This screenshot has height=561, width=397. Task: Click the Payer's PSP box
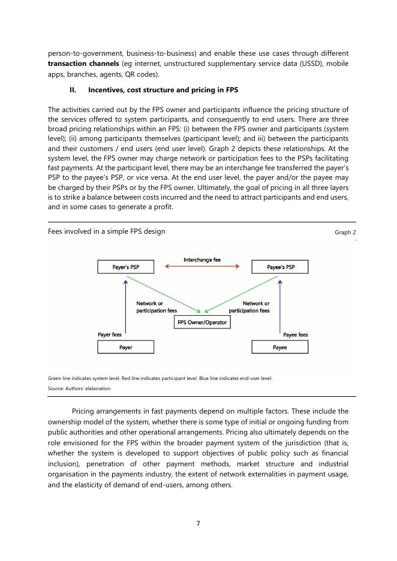[125, 267]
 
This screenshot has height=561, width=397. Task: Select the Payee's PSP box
[280, 267]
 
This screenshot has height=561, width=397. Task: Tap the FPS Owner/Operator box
[203, 322]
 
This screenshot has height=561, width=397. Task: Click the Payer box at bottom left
[125, 347]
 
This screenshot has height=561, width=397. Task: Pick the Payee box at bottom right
[279, 347]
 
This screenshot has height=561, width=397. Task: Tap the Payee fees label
[295, 334]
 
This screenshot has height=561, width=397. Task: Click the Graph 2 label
[345, 232]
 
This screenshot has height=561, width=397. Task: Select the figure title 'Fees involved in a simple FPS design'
[106, 231]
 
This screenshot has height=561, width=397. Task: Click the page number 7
[198, 523]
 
